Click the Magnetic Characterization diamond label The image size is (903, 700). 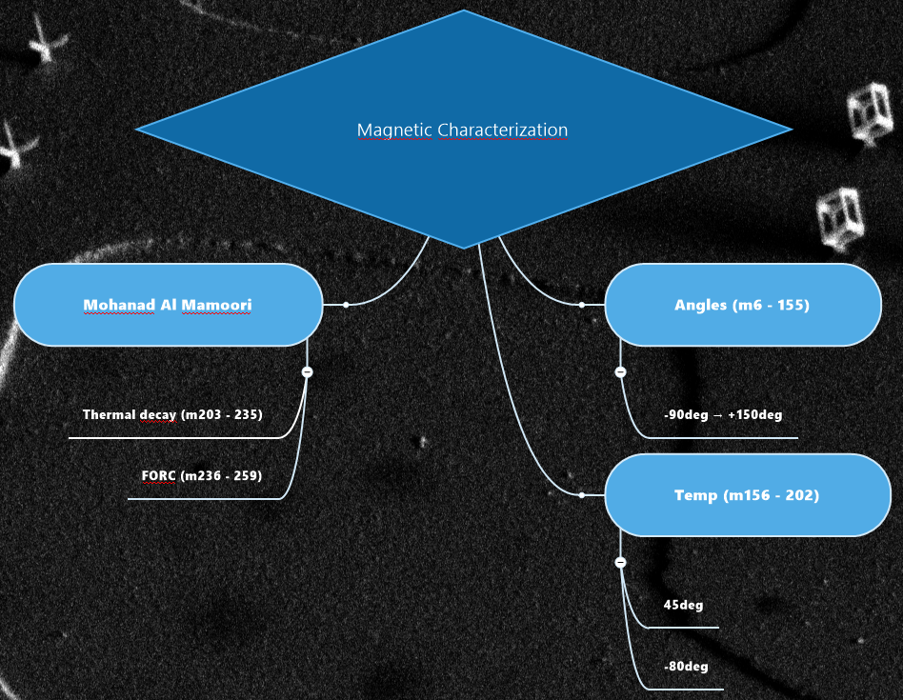462,130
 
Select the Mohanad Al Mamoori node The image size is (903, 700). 168,305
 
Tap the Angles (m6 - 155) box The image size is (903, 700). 742,305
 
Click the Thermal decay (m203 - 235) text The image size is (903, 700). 172,415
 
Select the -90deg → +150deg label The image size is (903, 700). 723,415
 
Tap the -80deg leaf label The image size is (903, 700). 686,667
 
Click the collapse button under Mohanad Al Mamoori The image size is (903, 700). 307,371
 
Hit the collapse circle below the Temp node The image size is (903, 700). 620,562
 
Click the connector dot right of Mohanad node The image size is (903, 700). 346,305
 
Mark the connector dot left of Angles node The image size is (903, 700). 581,305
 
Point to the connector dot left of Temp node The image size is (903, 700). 581,495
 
